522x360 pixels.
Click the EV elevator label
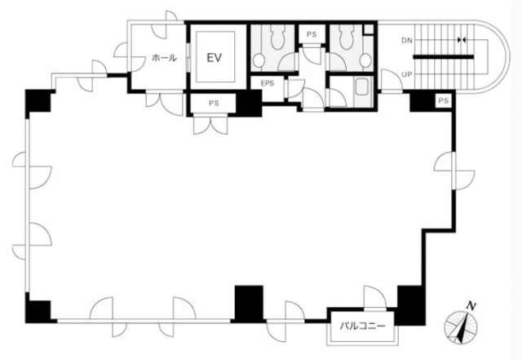click(x=214, y=58)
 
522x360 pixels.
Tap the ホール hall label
click(x=164, y=58)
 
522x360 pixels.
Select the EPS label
click(x=268, y=83)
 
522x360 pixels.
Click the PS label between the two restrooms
click(x=312, y=34)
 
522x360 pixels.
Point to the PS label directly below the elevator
click(x=214, y=104)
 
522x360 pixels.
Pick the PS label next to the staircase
click(x=443, y=100)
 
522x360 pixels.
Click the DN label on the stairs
click(x=406, y=41)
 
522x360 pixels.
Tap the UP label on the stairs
click(x=406, y=74)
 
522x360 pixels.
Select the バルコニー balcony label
click(x=362, y=326)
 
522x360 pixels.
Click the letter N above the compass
click(x=471, y=305)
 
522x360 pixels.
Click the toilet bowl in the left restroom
click(x=277, y=38)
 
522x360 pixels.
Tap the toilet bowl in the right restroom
click(x=347, y=38)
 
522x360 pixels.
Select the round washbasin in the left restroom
click(x=259, y=60)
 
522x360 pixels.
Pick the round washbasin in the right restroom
click(x=365, y=60)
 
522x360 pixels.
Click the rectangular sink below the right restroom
click(x=361, y=87)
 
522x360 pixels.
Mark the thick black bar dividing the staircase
click(x=444, y=57)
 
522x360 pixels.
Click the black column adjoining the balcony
click(x=411, y=305)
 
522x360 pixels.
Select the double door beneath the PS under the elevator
click(x=210, y=125)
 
